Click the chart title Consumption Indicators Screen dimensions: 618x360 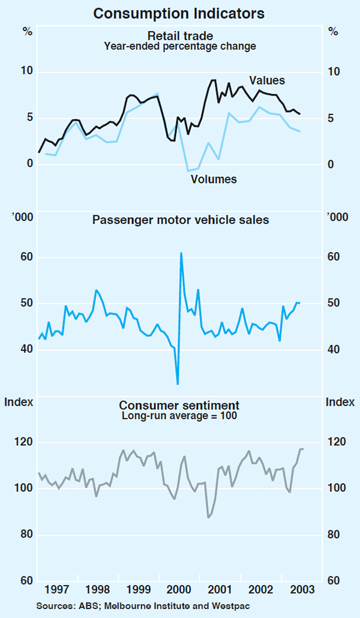[x=180, y=12]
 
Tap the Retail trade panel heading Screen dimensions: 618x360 [x=180, y=35]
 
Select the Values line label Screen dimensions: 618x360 [x=267, y=80]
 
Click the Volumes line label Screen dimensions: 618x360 [x=214, y=179]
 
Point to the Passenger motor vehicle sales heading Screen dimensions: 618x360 [x=180, y=220]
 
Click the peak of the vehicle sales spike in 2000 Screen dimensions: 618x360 [x=181, y=253]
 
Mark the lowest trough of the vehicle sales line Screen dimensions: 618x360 [x=178, y=384]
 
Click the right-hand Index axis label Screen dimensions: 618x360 [x=340, y=402]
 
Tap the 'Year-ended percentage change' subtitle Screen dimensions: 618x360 [x=180, y=45]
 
